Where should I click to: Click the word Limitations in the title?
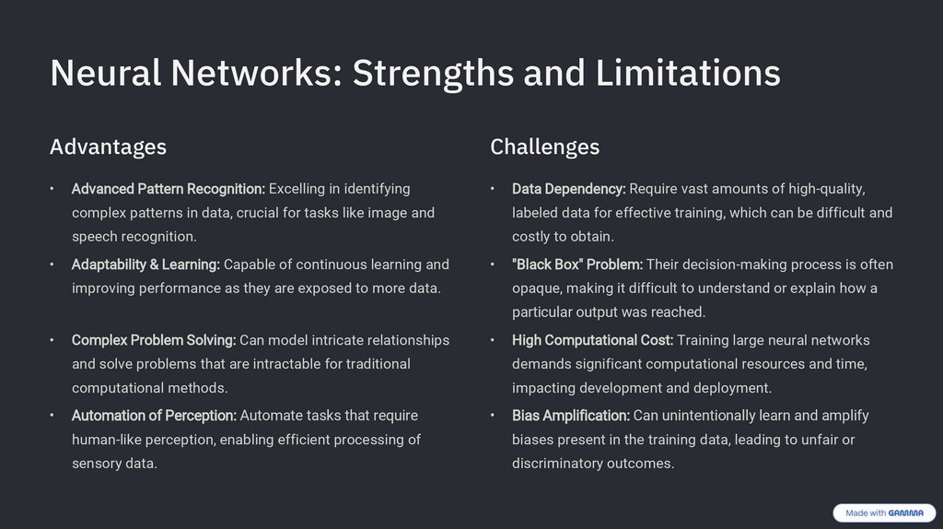pyautogui.click(x=688, y=74)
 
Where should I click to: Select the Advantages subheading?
pyautogui.click(x=108, y=147)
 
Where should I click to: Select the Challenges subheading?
pyautogui.click(x=544, y=147)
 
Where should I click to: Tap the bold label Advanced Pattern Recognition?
pyautogui.click(x=169, y=189)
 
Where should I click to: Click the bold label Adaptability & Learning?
pyautogui.click(x=146, y=264)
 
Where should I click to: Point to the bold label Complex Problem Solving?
pyautogui.click(x=154, y=340)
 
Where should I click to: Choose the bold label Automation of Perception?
pyautogui.click(x=154, y=416)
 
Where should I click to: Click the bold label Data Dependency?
pyautogui.click(x=568, y=189)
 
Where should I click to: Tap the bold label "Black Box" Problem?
pyautogui.click(x=577, y=264)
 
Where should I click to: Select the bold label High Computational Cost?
pyautogui.click(x=592, y=340)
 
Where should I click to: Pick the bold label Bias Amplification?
pyautogui.click(x=571, y=416)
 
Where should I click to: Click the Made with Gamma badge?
pyautogui.click(x=884, y=513)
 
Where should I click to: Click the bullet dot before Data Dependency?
pyautogui.click(x=493, y=189)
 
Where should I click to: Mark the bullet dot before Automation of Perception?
pyautogui.click(x=52, y=416)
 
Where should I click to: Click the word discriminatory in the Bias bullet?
pyautogui.click(x=557, y=464)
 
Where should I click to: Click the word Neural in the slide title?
pyautogui.click(x=105, y=74)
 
